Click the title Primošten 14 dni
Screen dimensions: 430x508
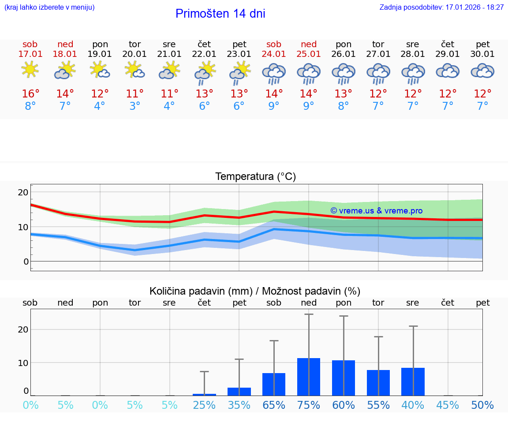220,14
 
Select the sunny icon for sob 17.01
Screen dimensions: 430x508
30,70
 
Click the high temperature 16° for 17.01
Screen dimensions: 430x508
30,94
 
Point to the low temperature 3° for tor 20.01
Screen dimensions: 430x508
134,106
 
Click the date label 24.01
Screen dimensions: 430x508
274,54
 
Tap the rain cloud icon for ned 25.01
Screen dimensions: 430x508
309,73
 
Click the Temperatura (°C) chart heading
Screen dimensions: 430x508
255,177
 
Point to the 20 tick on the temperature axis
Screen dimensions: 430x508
23,192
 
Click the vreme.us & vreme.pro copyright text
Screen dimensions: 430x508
376,211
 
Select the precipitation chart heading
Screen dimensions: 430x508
255,291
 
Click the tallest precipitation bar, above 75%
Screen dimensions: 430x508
309,377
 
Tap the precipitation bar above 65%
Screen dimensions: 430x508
274,384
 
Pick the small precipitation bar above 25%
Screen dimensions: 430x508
204,394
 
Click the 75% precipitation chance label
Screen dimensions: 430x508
309,405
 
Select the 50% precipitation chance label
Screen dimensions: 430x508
482,405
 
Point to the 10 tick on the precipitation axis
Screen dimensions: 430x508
23,363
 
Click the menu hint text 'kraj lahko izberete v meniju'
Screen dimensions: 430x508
49,7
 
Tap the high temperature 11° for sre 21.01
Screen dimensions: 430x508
169,94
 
